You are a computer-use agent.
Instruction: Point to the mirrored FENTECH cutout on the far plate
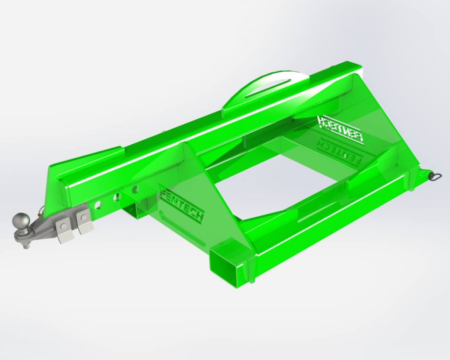click(341, 128)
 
